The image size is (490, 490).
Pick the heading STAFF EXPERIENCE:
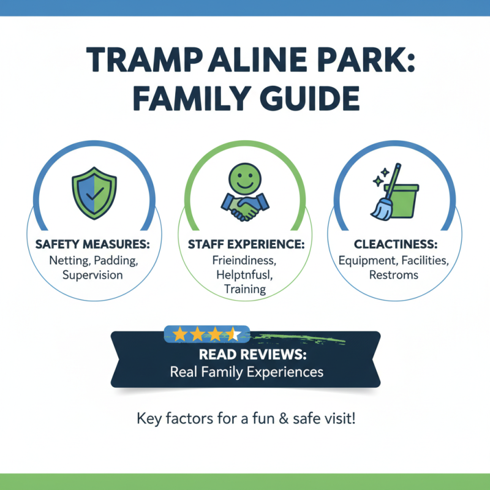tap(244, 244)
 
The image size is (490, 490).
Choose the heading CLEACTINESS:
tap(394, 244)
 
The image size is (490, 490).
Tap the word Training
tap(244, 290)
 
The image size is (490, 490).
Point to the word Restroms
tap(394, 275)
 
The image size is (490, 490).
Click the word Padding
tap(119, 260)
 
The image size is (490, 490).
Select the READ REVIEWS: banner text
tap(245, 355)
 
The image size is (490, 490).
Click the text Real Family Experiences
tap(245, 372)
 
